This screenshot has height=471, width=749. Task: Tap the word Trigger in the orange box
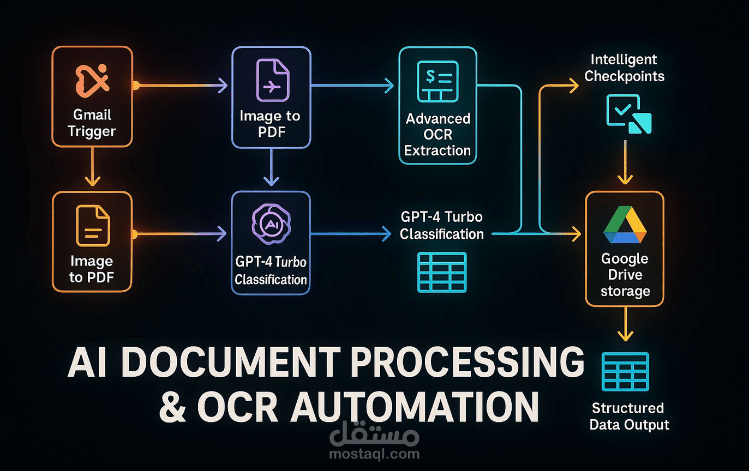92,131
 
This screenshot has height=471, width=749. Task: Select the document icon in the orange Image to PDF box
92,226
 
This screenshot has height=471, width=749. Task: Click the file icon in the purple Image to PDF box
272,80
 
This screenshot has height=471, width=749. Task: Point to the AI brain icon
271,224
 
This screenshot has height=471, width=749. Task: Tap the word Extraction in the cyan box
438,150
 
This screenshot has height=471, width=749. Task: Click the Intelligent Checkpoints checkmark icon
628,114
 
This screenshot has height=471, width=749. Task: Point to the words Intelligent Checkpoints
624,68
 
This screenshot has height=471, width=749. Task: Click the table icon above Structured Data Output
625,372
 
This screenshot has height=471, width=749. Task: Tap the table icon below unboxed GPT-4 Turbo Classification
441,272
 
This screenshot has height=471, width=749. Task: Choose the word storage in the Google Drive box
625,291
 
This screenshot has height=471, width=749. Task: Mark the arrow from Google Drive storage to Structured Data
625,324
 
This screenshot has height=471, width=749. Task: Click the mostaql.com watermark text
374,454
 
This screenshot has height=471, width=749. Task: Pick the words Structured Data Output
629,416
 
